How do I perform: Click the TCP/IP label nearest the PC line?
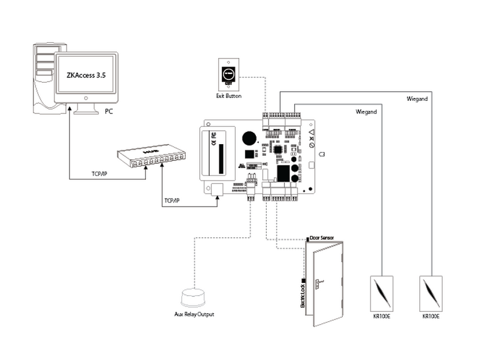point(102,173)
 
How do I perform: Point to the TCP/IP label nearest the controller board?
point(172,200)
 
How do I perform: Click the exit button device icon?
point(229,74)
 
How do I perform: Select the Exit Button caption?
point(229,95)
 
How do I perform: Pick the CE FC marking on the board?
point(213,141)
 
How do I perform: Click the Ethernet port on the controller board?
point(218,189)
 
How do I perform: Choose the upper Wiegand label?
point(417,99)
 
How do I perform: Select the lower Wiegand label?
point(367,111)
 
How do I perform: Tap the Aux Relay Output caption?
point(194,314)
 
